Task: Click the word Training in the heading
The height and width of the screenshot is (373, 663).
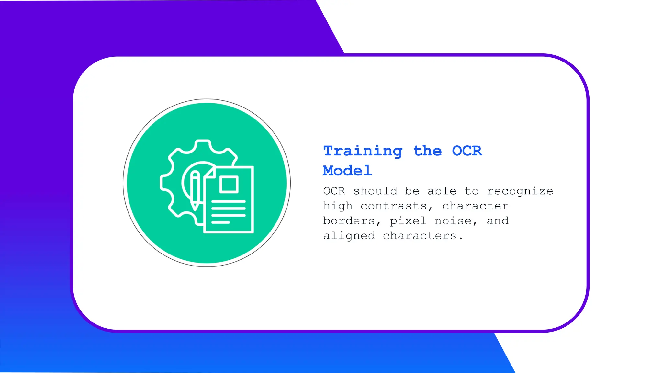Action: point(363,151)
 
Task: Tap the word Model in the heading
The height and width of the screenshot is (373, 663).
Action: point(347,171)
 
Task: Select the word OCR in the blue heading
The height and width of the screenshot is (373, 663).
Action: point(467,151)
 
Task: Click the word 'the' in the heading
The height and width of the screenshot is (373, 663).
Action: point(427,151)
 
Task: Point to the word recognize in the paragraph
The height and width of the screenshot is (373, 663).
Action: point(520,191)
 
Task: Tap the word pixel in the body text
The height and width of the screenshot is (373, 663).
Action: point(408,221)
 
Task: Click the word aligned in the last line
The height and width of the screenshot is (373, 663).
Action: point(349,236)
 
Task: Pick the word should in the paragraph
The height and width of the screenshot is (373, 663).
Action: point(375,191)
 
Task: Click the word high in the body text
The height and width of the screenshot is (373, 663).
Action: point(337,206)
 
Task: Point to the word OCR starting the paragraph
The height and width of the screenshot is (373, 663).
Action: point(334,191)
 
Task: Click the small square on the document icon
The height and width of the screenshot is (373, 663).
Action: point(229,185)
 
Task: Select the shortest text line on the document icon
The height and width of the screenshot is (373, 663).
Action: point(220,222)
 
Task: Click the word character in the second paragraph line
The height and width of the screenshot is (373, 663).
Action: point(475,206)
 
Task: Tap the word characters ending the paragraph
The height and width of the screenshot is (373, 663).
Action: point(422,236)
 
